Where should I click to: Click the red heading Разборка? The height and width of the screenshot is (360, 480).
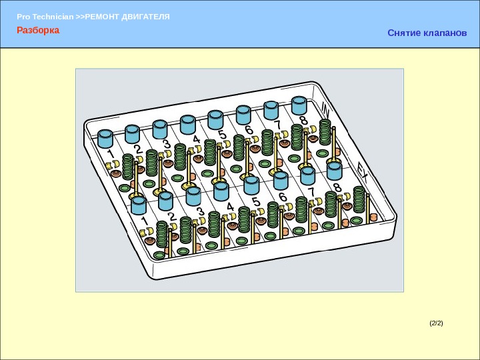click(x=38, y=30)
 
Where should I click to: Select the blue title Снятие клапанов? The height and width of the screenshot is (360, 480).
click(x=427, y=33)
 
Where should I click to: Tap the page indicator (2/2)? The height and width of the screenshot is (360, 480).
click(x=436, y=323)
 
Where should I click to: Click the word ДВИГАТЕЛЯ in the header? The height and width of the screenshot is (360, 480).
click(x=145, y=17)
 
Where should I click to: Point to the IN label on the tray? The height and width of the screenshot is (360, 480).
click(x=326, y=109)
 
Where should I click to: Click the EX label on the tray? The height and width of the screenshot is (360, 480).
click(x=363, y=173)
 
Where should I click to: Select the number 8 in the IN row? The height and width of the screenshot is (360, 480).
click(x=304, y=120)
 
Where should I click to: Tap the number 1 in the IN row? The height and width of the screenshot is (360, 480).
click(x=111, y=154)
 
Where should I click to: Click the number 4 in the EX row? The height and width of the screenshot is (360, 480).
click(x=230, y=207)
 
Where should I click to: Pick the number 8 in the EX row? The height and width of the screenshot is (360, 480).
click(x=337, y=187)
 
